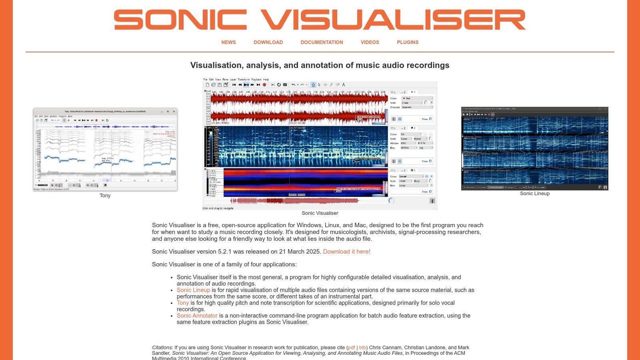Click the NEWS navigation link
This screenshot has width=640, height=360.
pyautogui.click(x=228, y=42)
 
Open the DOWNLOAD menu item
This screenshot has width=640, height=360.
pyautogui.click(x=268, y=42)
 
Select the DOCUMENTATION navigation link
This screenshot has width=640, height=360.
pyautogui.click(x=322, y=42)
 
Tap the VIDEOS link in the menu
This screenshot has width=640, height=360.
pyautogui.click(x=370, y=42)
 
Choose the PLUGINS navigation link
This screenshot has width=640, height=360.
pyautogui.click(x=408, y=42)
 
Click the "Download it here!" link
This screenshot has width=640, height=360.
pyautogui.click(x=346, y=252)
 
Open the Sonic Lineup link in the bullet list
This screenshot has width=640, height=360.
pyautogui.click(x=193, y=290)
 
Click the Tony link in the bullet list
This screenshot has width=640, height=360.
pyautogui.click(x=183, y=303)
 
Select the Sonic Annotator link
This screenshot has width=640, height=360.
pyautogui.click(x=197, y=316)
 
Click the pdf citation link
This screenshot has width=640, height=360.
pyautogui.click(x=352, y=348)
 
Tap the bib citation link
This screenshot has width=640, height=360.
pyautogui.click(x=362, y=348)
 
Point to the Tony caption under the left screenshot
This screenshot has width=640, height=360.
pyautogui.click(x=105, y=196)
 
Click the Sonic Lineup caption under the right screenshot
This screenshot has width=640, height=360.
pyautogui.click(x=535, y=194)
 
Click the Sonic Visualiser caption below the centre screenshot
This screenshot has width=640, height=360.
pyautogui.click(x=320, y=213)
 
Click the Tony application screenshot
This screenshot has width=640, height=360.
pyautogui.click(x=105, y=149)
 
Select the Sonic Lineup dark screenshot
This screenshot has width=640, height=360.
pyautogui.click(x=535, y=148)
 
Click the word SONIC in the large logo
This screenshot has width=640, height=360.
pyautogui.click(x=180, y=20)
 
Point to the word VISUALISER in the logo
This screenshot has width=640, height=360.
pyautogui.click(x=393, y=20)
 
